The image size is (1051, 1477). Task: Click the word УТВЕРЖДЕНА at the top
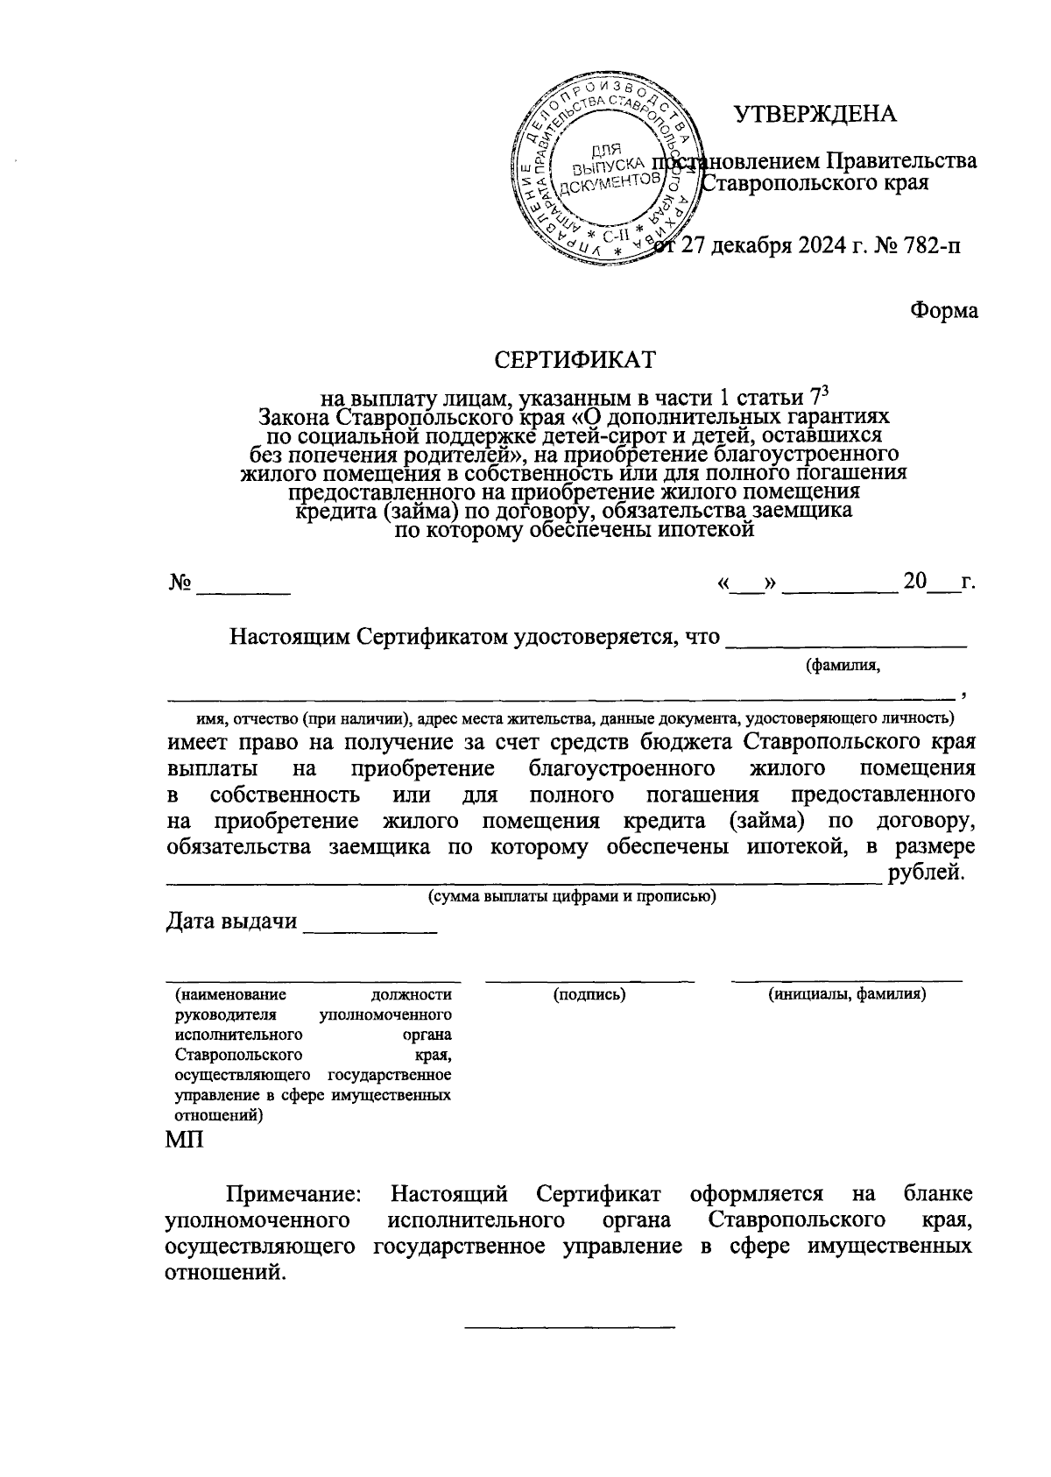815,115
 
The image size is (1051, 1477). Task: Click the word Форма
943,310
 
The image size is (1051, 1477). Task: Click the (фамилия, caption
843,667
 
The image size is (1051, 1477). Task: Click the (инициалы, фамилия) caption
847,995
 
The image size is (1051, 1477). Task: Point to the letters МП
184,1141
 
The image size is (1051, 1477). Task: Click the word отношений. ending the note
225,1272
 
